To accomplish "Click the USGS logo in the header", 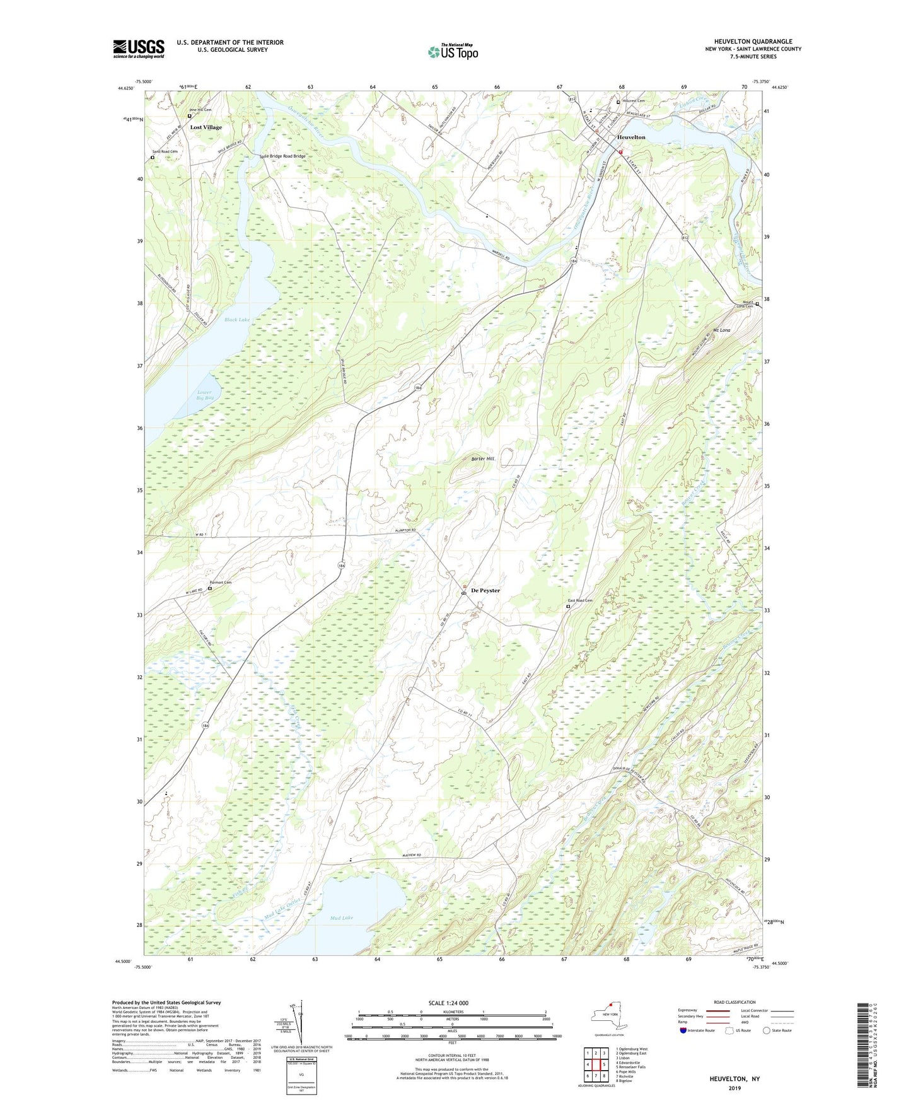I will (x=139, y=49).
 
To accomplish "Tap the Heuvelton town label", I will (x=631, y=137).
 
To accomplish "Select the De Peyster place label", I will (x=485, y=590).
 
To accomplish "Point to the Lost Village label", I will (x=206, y=127).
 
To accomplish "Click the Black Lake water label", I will (x=237, y=320).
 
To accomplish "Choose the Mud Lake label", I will (x=341, y=917).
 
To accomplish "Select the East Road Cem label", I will (x=580, y=600).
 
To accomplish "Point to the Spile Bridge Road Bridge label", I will (x=282, y=156).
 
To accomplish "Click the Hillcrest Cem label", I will (x=633, y=101).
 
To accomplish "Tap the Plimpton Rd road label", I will (x=405, y=530).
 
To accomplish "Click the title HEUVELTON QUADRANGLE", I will (x=753, y=42).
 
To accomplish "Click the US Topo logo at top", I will (x=453, y=52).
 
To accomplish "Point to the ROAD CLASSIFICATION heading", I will (x=734, y=1002).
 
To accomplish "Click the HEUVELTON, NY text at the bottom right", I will (x=734, y=1079).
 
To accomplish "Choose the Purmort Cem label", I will (x=220, y=582).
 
